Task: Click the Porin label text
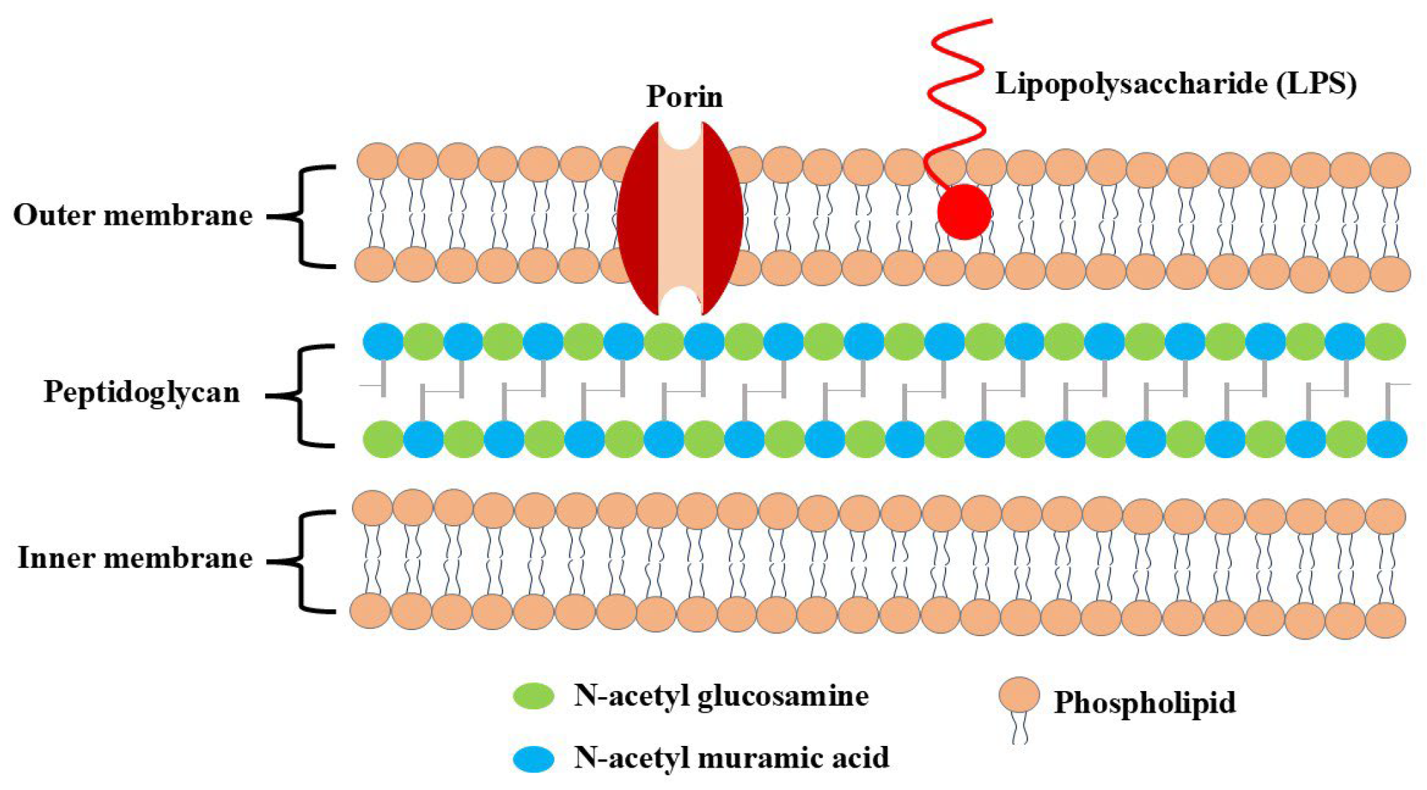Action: pos(684,97)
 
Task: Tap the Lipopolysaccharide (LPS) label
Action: pos(1175,84)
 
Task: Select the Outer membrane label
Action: pos(133,215)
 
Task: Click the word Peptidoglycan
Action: pos(142,392)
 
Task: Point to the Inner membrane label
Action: pos(135,558)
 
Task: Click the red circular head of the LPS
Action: pos(964,212)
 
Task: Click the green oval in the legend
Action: pos(534,696)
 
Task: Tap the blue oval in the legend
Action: pos(534,758)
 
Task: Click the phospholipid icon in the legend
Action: pos(1018,698)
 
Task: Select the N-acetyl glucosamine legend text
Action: pos(721,696)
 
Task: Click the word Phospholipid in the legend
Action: pos(1144,703)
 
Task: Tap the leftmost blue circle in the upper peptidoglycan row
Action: pos(383,341)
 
